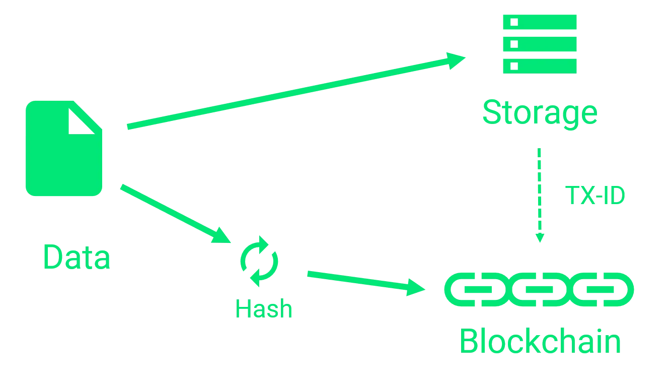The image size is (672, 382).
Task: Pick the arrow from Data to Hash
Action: [x=171, y=212]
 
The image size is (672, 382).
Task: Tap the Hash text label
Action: [x=263, y=308]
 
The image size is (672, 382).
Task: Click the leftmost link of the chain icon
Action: [x=466, y=289]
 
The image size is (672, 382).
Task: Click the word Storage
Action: [x=541, y=113]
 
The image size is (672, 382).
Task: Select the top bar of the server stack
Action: [x=540, y=22]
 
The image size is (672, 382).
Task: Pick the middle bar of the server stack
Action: [x=540, y=44]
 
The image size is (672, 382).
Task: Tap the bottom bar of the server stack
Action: [x=540, y=66]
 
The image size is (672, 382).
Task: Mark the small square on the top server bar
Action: [x=514, y=22]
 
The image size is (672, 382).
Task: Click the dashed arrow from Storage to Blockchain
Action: [x=540, y=194]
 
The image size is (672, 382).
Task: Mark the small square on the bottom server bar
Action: [x=514, y=66]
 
